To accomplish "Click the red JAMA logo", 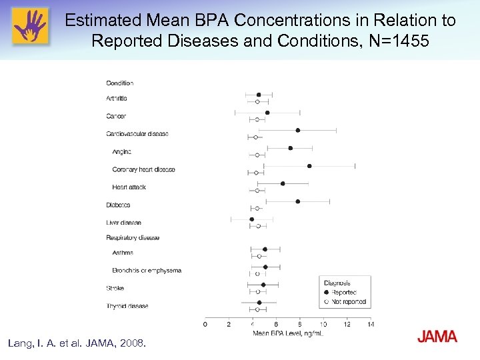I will [x=437, y=337].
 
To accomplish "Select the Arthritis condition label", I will [x=117, y=99].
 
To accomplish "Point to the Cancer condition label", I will [x=116, y=117].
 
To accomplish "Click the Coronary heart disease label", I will [x=143, y=169].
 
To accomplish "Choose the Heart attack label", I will [x=129, y=187].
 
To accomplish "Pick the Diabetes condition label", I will [x=118, y=205].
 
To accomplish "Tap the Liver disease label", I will [x=123, y=223].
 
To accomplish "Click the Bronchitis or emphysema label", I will [x=147, y=271].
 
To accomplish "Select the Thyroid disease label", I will [x=127, y=306].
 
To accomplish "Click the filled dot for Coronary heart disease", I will [x=309, y=165].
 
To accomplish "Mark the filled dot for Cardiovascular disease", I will [x=298, y=130].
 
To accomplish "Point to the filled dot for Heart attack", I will [x=283, y=183].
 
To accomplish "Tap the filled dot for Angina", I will [x=290, y=148].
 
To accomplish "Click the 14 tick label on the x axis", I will [x=371, y=325].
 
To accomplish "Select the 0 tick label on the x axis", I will [x=205, y=325].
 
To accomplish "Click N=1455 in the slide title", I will [x=399, y=41].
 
